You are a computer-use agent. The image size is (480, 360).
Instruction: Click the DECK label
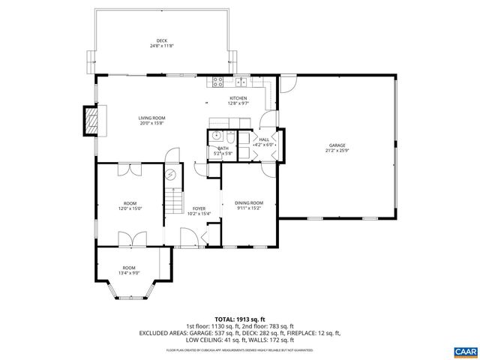[x=161, y=40]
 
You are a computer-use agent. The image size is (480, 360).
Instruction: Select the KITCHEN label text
[x=238, y=98]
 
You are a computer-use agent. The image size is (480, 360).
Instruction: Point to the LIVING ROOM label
[x=151, y=118]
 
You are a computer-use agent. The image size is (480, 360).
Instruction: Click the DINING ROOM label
[x=249, y=202]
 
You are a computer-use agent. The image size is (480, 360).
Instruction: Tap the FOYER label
[x=199, y=208]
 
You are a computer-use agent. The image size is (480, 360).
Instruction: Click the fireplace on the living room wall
[x=91, y=120]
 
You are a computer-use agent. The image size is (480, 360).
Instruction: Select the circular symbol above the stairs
[x=171, y=175]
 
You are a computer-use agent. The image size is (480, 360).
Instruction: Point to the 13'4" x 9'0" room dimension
[x=129, y=274]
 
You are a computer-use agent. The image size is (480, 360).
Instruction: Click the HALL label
[x=264, y=139]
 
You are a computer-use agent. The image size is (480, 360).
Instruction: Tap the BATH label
[x=223, y=148]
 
